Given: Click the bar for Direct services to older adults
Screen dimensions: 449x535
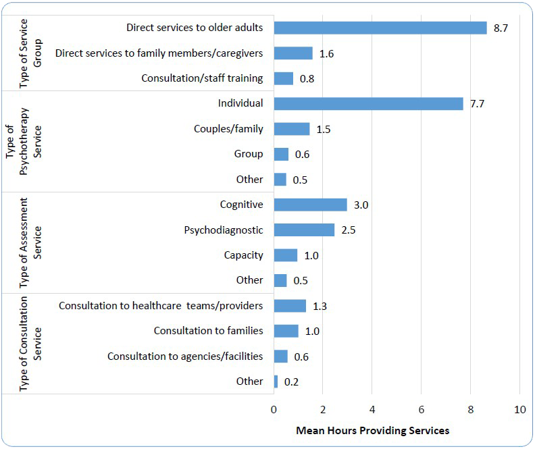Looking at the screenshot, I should click(x=380, y=28).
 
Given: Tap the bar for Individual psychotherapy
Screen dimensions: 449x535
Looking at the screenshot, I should click(x=368, y=103).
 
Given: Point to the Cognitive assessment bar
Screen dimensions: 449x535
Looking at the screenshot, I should click(x=310, y=205).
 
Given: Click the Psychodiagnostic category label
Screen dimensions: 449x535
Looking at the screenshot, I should click(x=224, y=230).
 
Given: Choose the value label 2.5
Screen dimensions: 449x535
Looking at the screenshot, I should click(x=348, y=230).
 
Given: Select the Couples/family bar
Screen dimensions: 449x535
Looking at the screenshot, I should click(x=292, y=129).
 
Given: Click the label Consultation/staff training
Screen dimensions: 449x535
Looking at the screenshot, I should click(x=202, y=78).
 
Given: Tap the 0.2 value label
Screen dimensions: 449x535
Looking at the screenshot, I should click(x=291, y=382).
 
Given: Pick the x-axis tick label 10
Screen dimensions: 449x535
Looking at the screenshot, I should click(x=519, y=409).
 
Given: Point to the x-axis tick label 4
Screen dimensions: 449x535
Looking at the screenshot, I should click(x=372, y=409).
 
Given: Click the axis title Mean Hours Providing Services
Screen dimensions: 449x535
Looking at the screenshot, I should click(x=372, y=430).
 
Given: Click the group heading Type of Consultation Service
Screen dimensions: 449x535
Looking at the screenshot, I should click(x=30, y=344).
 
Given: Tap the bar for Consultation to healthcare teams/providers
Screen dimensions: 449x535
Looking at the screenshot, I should click(x=290, y=306).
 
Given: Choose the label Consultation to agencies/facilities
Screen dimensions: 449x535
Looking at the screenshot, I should click(x=185, y=356).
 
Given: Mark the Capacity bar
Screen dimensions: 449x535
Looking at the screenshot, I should click(x=286, y=255).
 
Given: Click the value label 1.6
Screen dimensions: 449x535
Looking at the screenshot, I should click(x=326, y=53).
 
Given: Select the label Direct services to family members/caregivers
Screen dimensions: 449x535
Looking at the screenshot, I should click(x=159, y=53).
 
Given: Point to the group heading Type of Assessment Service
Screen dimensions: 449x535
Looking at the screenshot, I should click(x=30, y=243).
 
